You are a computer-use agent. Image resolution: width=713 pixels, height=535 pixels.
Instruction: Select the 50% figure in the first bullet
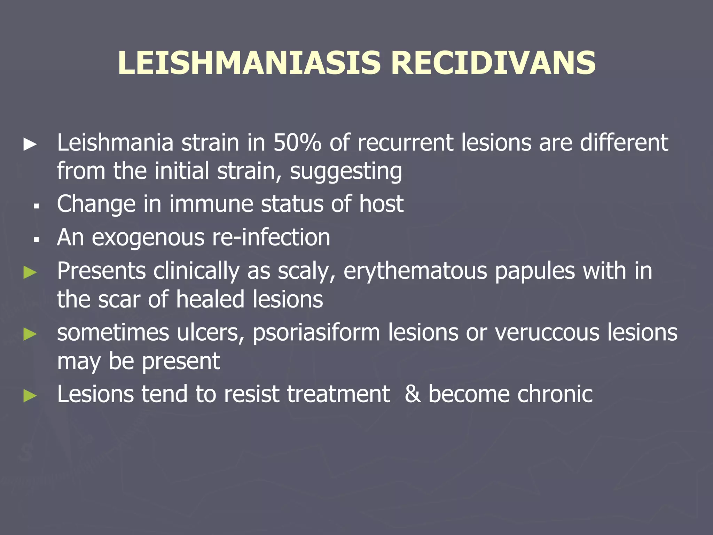pos(297,143)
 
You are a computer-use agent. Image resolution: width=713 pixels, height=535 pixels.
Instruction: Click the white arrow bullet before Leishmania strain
pos(30,144)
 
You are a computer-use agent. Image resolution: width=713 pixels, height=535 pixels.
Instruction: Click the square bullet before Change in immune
pos(36,207)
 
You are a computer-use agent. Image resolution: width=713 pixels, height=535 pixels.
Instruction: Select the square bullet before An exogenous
pos(36,240)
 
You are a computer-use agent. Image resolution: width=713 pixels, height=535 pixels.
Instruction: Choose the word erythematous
pos(415,271)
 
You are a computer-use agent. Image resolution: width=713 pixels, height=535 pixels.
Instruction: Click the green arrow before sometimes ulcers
pos(30,334)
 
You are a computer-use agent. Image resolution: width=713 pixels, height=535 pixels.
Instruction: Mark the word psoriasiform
pos(316,333)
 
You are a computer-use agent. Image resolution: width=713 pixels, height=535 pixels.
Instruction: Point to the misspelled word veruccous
pos(547,332)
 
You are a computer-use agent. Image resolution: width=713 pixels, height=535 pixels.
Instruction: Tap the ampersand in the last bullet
pos(412,394)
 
